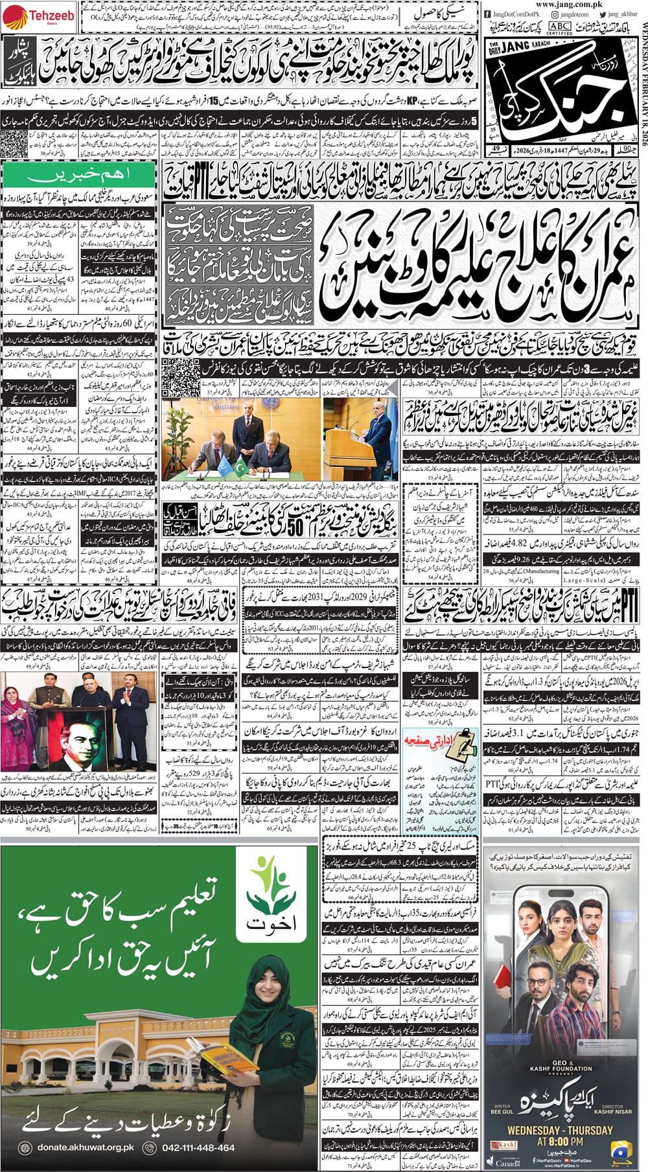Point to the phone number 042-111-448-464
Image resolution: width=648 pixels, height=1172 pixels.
(x=201, y=1147)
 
